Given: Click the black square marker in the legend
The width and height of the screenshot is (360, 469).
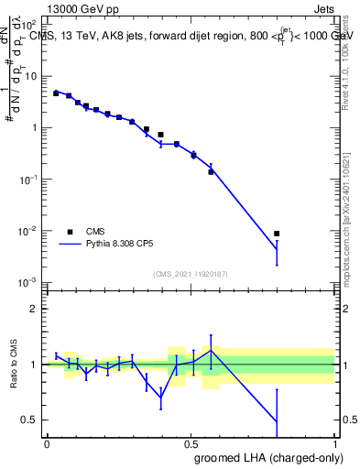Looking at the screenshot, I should [70, 232].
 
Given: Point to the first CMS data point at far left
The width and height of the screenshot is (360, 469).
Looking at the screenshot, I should [56, 93].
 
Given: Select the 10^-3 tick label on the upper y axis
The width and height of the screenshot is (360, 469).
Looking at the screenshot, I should [29, 282].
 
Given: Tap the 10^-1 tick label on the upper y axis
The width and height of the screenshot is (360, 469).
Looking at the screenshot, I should [29, 180].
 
